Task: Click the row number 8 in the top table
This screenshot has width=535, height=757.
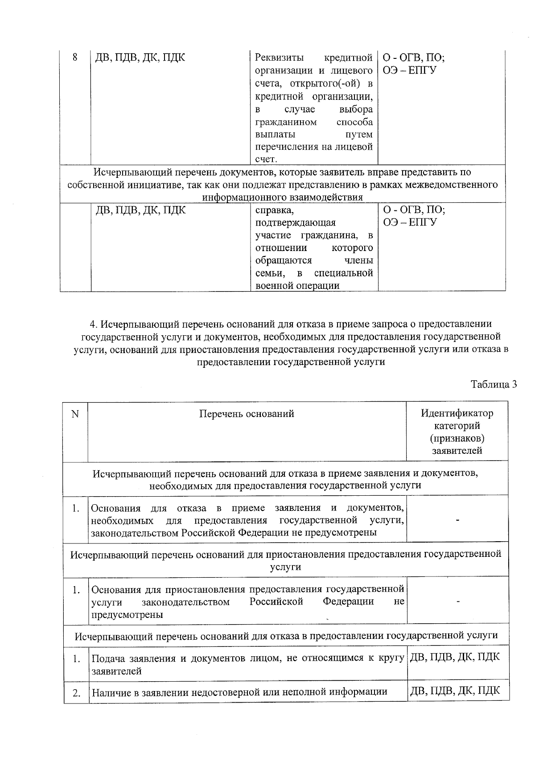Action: (75, 58)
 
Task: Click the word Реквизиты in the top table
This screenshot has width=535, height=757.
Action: (279, 58)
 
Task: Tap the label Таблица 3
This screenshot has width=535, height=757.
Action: (494, 384)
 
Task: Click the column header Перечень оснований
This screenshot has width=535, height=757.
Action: (247, 414)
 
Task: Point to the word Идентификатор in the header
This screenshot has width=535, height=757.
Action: (457, 413)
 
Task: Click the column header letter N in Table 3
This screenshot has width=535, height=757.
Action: (75, 414)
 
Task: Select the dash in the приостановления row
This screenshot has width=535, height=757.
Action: (457, 601)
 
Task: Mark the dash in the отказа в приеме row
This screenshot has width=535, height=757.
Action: (457, 520)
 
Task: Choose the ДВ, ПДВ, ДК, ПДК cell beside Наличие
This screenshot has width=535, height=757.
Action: (455, 691)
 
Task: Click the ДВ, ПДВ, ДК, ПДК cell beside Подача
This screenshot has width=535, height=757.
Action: (455, 657)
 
